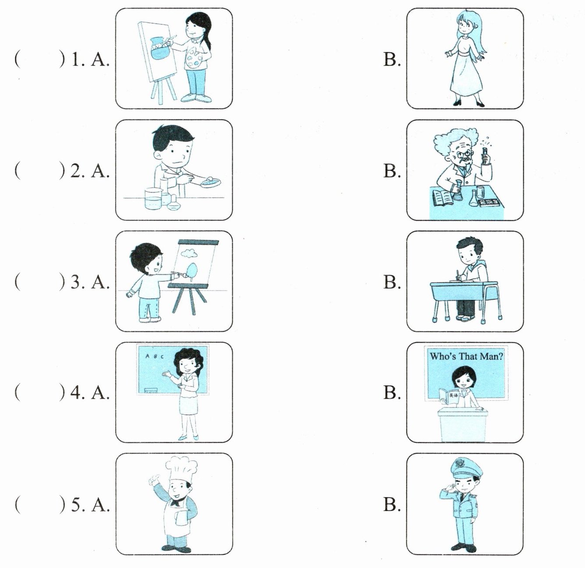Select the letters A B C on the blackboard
[x=155, y=357]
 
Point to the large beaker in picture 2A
[x=152, y=198]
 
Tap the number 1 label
[x=77, y=60]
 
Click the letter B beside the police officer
[x=392, y=504]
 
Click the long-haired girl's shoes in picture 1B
[x=468, y=103]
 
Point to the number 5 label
[x=77, y=505]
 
